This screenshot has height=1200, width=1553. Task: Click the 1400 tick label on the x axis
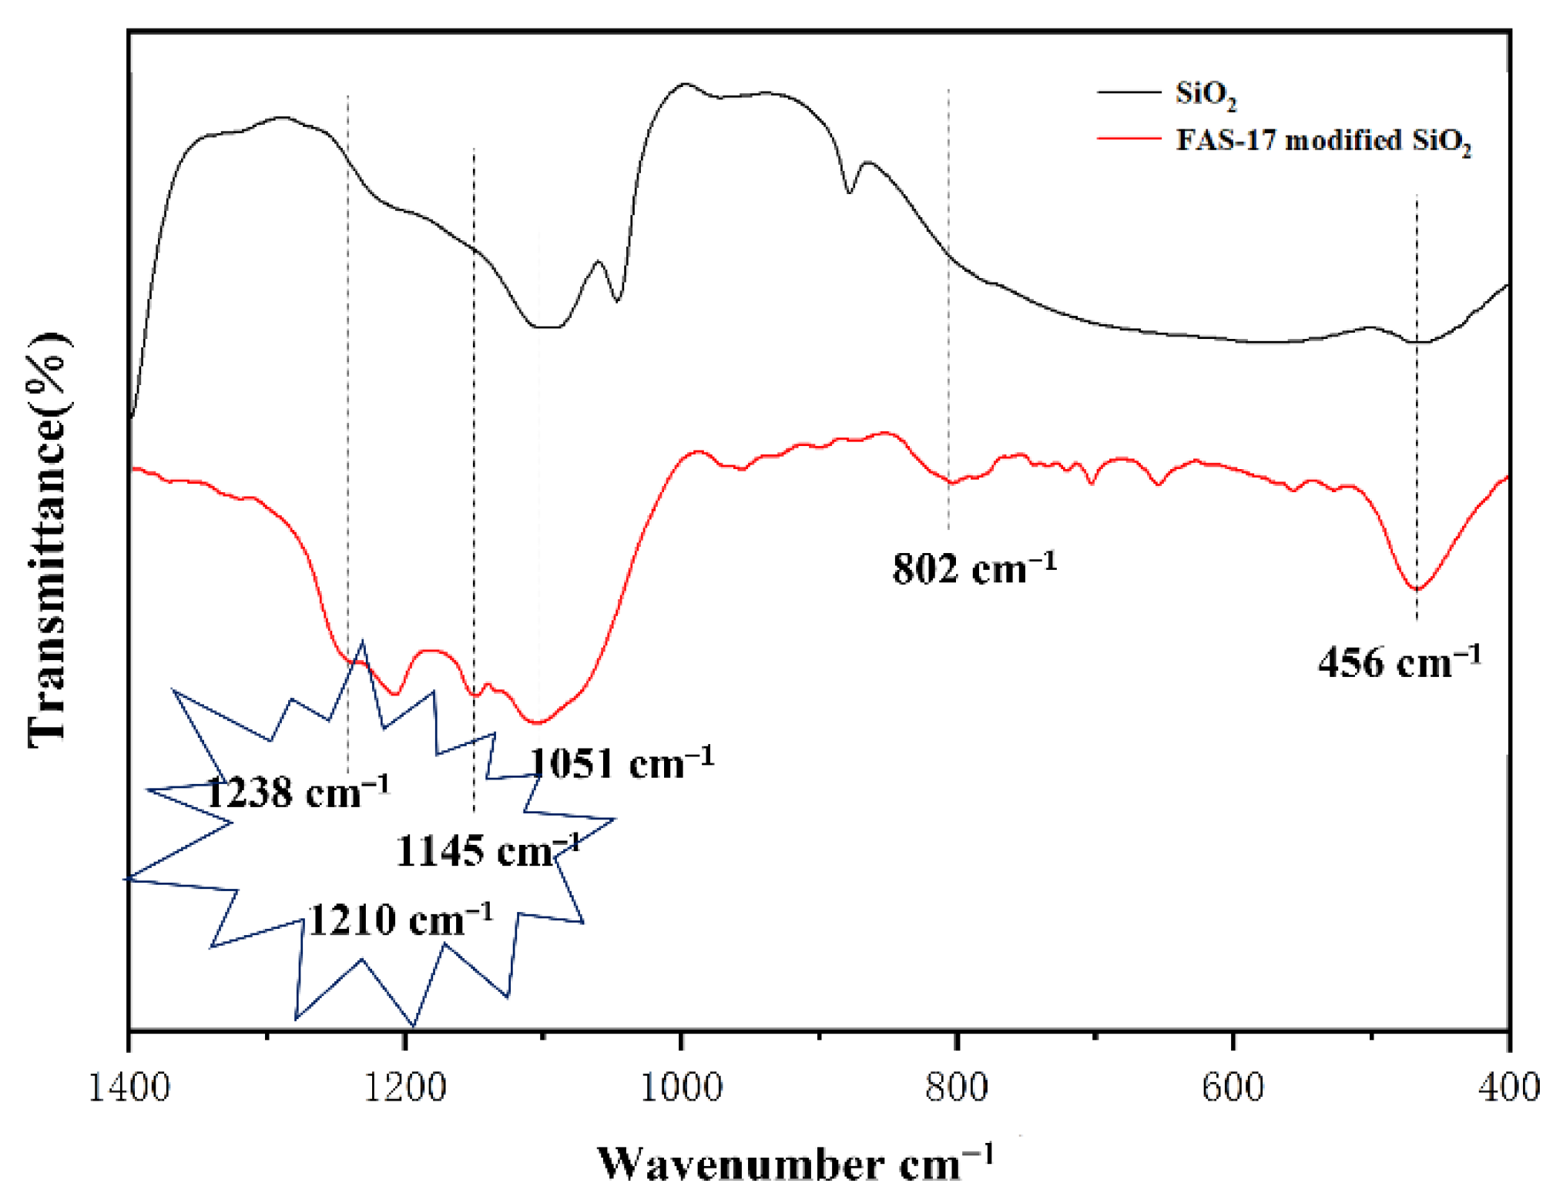(x=129, y=1088)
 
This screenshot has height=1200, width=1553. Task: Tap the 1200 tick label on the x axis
(x=405, y=1088)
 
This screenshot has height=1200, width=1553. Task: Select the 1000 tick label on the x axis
(x=681, y=1088)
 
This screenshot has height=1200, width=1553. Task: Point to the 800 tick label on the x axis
(x=957, y=1088)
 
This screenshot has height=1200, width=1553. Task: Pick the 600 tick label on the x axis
(x=1233, y=1088)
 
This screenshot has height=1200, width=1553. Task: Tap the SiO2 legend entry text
(x=1206, y=94)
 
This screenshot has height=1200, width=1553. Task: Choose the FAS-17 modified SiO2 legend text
(x=1323, y=141)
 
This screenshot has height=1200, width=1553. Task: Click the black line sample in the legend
(x=1129, y=92)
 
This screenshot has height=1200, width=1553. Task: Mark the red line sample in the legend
(x=1129, y=139)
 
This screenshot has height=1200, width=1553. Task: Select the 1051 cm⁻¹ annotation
(x=621, y=763)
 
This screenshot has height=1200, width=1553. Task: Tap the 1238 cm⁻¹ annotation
(x=297, y=792)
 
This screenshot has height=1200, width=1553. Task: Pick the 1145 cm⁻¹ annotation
(x=487, y=851)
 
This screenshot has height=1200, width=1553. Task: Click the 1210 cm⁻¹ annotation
(x=400, y=920)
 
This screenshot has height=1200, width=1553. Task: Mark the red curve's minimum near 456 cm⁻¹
(x=1416, y=589)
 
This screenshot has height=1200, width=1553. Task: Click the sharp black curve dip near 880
(x=849, y=193)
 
